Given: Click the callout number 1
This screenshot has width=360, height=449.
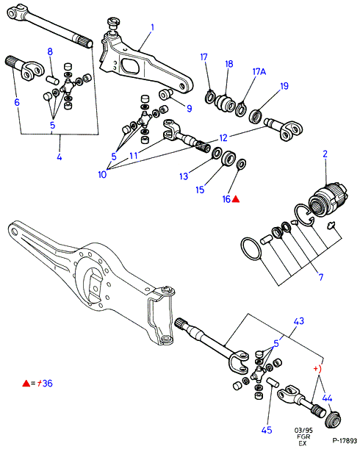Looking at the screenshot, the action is [152, 27].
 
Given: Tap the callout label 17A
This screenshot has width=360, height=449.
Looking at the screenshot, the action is [259, 71].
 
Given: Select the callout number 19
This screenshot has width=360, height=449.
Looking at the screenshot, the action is [284, 86].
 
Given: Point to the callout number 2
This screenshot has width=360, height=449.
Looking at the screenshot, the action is [325, 154].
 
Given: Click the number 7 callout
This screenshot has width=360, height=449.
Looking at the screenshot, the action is [321, 277].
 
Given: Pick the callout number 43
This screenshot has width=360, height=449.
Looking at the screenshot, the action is [299, 321].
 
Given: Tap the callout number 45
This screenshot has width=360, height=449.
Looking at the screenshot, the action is [267, 430].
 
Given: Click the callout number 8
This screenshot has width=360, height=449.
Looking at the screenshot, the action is [50, 52].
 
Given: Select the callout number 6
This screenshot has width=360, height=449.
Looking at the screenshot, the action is [189, 108].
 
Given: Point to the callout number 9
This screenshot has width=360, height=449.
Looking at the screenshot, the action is [17, 102].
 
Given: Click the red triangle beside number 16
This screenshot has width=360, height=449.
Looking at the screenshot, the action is [235, 199].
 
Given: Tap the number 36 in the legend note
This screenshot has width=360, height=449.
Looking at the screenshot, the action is [48, 383].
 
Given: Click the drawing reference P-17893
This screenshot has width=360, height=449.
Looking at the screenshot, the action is [345, 441].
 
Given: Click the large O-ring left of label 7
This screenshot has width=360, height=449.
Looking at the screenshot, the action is [251, 249].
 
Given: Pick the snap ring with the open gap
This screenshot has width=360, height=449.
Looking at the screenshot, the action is [304, 215].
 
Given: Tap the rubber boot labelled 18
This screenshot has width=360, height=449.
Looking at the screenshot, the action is [226, 103].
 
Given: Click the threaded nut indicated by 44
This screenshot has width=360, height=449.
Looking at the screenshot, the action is [334, 420].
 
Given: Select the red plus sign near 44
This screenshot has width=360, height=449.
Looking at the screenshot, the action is [316, 368].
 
